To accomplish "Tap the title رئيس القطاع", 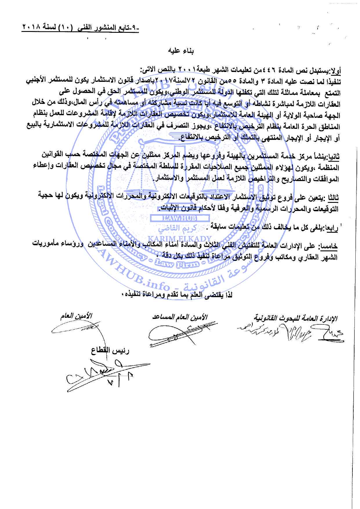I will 110,351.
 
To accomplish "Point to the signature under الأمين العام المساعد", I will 174,334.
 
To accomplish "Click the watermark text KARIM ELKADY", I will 179,239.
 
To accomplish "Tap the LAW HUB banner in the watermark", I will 179,219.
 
